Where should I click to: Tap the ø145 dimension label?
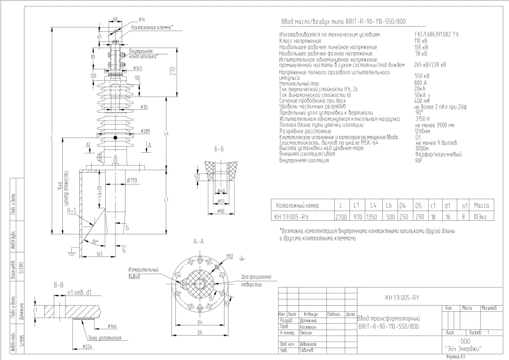(x=137, y=68)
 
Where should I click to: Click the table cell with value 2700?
(x=340, y=216)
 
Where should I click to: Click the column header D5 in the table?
(x=419, y=205)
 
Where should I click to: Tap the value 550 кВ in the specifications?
(x=422, y=75)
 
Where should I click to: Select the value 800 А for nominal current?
(x=421, y=83)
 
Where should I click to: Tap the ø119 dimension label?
(x=131, y=181)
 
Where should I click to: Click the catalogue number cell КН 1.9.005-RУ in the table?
(x=293, y=216)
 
